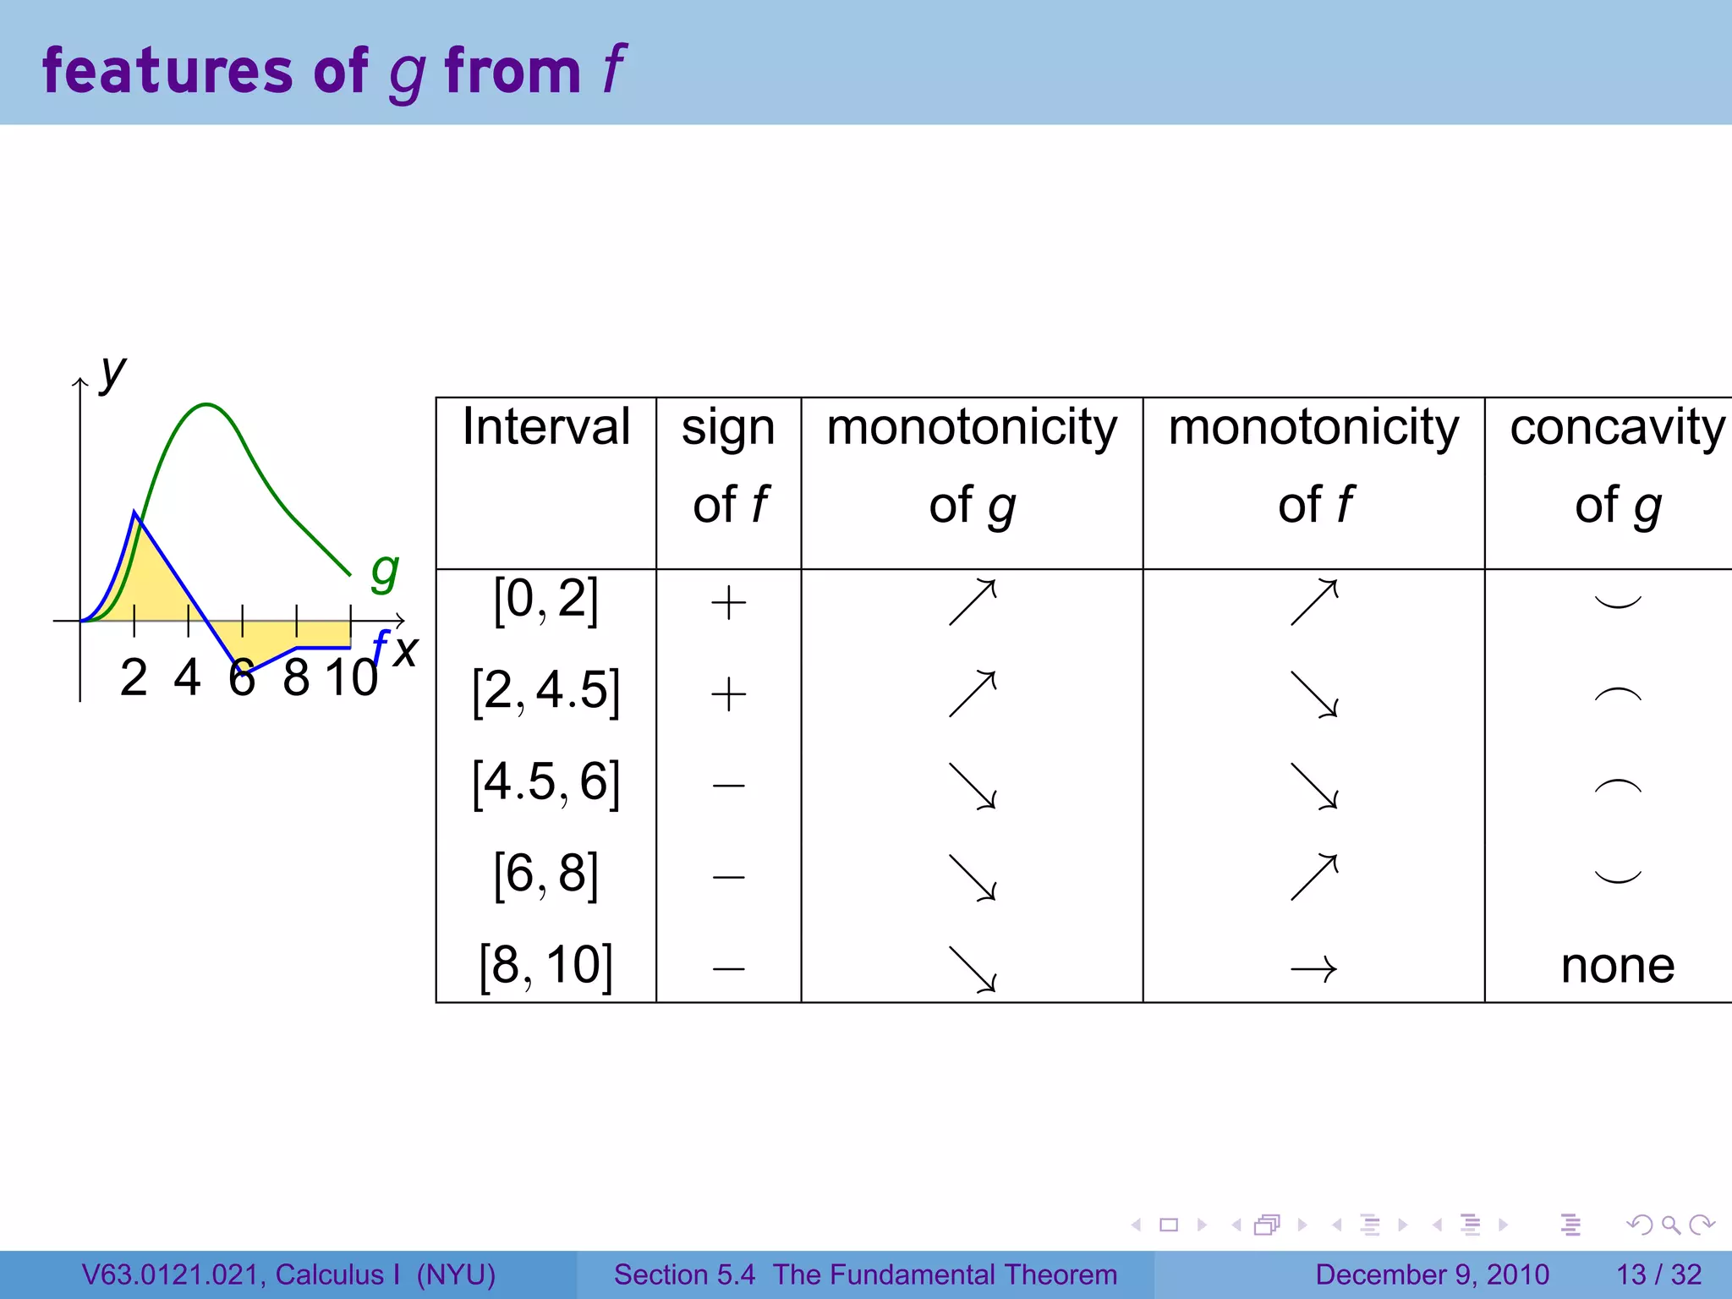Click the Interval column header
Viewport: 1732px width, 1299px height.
click(x=545, y=427)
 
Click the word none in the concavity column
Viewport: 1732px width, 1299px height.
click(x=1617, y=966)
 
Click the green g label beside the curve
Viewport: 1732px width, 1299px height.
click(x=385, y=573)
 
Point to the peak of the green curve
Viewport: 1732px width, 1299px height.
click(x=206, y=405)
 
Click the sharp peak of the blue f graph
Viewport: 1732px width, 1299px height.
click(x=135, y=512)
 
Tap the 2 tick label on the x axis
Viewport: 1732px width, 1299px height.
click(x=134, y=678)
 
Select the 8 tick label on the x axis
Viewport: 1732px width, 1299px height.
click(x=296, y=678)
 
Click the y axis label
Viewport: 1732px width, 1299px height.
click(x=112, y=372)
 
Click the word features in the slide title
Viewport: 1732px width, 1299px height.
click(x=167, y=71)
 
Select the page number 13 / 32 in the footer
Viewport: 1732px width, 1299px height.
click(x=1658, y=1274)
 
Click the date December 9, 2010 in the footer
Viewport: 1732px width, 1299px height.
click(x=1432, y=1274)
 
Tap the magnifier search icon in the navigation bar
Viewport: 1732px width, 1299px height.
click(x=1670, y=1225)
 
